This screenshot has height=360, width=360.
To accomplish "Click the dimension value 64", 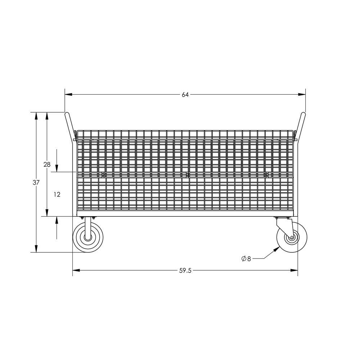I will pyautogui.click(x=185, y=95).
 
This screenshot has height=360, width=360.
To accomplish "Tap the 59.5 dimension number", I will pyautogui.click(x=185, y=271).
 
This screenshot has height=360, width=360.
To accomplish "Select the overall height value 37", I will pyautogui.click(x=36, y=183).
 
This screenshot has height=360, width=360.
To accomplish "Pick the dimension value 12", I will pyautogui.click(x=57, y=194).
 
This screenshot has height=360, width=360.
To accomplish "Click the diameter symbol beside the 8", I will pyautogui.click(x=244, y=258).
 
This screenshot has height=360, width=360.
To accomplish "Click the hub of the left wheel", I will pyautogui.click(x=88, y=238).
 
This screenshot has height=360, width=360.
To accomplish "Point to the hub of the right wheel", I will pyautogui.click(x=291, y=238).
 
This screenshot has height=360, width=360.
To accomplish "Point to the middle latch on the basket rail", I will pyautogui.click(x=187, y=175).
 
